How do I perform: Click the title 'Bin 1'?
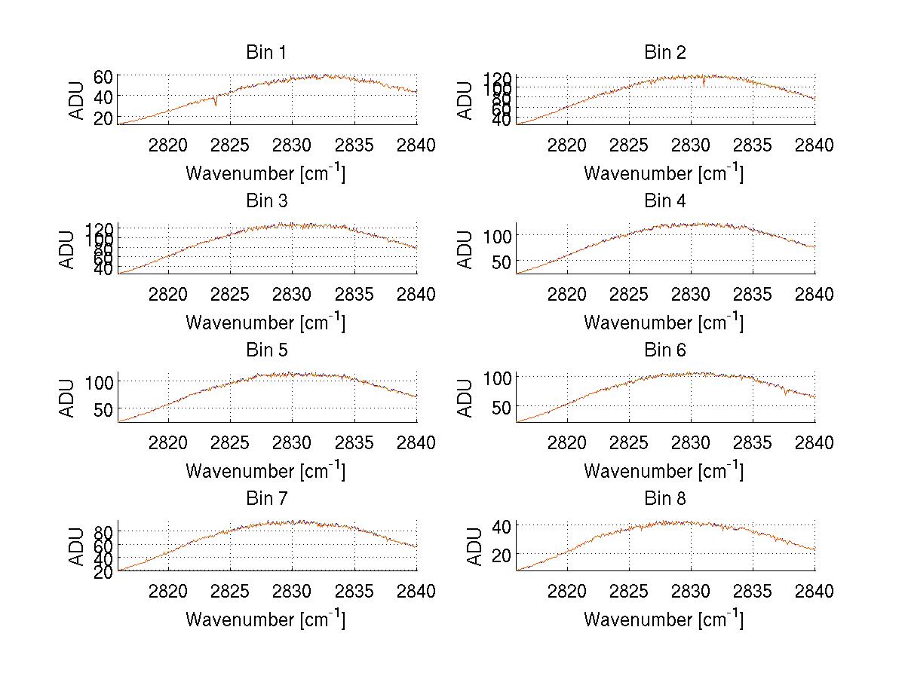tap(266, 53)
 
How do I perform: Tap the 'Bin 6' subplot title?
tap(664, 350)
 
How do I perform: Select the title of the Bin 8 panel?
tap(664, 499)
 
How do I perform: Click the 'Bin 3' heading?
tap(266, 201)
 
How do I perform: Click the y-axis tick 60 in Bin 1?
tap(103, 76)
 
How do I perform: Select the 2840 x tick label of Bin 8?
tap(814, 592)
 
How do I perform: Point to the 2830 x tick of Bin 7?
tap(293, 592)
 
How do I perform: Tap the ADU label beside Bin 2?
tap(466, 99)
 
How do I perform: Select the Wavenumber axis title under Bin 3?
tap(266, 323)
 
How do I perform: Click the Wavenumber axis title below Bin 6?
tap(664, 471)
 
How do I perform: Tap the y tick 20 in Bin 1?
tap(103, 118)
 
